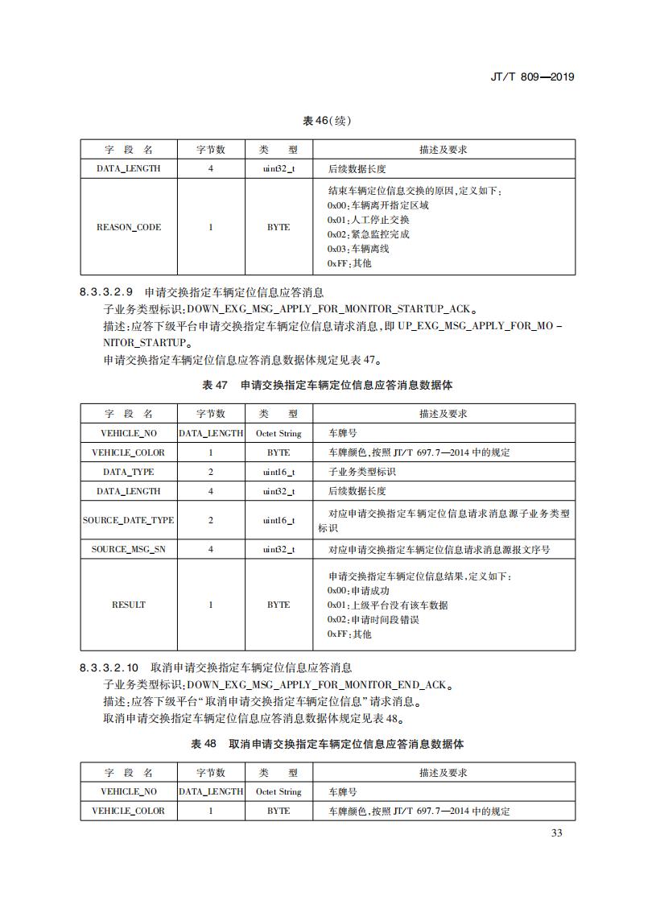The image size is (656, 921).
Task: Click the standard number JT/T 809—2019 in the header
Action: point(531,77)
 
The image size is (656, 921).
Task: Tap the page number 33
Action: point(557,832)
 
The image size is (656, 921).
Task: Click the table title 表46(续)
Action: point(327,121)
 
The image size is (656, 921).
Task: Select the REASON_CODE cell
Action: point(129,227)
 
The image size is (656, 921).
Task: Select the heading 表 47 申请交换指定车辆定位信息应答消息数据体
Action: point(327,385)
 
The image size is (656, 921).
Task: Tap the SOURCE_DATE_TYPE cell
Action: point(129,520)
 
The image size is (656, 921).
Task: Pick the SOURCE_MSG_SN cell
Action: point(129,549)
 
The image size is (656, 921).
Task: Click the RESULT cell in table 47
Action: point(129,605)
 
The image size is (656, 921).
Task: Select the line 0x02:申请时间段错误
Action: point(373,620)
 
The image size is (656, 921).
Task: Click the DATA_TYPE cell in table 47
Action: point(129,472)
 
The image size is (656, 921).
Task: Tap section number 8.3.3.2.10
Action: point(110,668)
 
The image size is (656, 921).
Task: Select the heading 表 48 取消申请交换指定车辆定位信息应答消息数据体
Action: point(327,744)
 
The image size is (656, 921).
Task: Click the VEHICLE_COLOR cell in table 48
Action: point(129,811)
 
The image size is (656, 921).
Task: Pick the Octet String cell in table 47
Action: point(278,433)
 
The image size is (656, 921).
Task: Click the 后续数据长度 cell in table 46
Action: point(357,169)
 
